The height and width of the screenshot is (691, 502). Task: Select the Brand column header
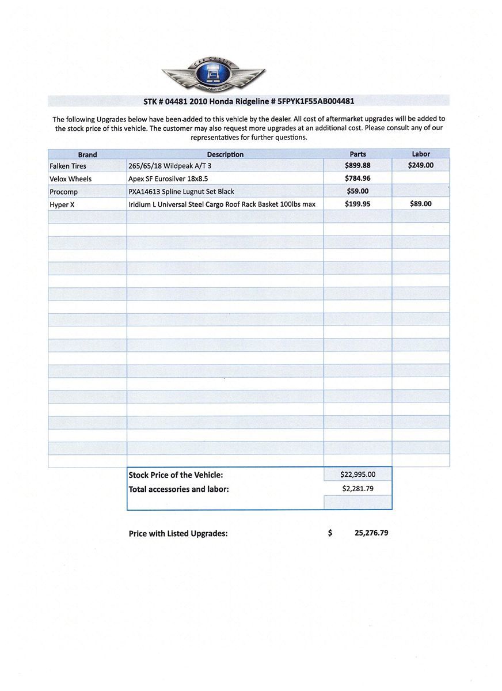(88, 154)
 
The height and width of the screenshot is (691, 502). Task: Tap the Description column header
(225, 154)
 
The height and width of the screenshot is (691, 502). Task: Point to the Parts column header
(358, 154)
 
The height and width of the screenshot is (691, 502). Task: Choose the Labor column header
(421, 154)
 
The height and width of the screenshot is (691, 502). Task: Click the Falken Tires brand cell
(68, 166)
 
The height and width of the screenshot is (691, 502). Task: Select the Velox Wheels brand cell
(70, 179)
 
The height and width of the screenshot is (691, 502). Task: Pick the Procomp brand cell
(63, 191)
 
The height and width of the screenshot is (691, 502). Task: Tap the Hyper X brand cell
(62, 204)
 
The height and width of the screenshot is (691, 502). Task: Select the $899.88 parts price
(358, 165)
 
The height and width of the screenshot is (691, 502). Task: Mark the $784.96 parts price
(358, 178)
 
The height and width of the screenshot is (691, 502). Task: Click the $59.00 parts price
(358, 191)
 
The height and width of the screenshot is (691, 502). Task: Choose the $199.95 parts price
(358, 203)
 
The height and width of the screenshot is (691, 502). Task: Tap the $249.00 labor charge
(421, 165)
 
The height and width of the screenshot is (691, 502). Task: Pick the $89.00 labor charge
(421, 203)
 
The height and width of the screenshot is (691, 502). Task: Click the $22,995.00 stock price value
(358, 474)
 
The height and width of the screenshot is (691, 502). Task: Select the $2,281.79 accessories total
(358, 488)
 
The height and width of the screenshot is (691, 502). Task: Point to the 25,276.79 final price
(371, 533)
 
